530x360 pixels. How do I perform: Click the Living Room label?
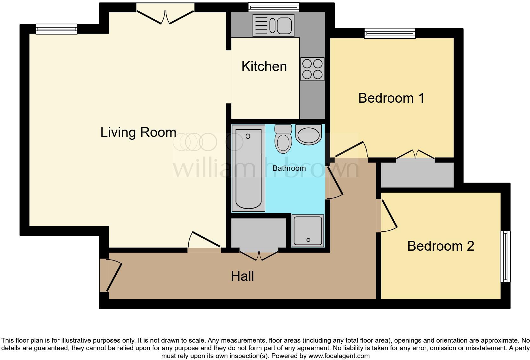coord(138,132)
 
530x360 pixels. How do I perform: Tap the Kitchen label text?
coord(264,67)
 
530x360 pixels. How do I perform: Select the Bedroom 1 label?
coord(391,98)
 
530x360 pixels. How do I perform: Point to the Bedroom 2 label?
coord(441,246)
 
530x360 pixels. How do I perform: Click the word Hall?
coord(242,276)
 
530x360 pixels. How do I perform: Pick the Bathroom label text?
coord(289,168)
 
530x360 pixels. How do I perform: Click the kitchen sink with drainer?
coord(273,25)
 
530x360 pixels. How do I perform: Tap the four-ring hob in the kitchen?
coord(313,69)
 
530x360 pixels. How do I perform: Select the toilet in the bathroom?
coord(283,139)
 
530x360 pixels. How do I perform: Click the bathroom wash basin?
coord(308,134)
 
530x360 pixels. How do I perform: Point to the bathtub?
coord(248,168)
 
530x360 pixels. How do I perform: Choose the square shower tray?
coord(308,231)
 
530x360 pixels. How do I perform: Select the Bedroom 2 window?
coord(505,256)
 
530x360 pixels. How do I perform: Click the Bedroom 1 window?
coord(390,33)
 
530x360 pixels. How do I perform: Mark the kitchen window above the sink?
coord(274,7)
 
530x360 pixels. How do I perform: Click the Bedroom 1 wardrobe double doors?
coord(415,155)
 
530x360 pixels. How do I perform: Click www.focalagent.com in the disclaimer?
coord(339,356)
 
